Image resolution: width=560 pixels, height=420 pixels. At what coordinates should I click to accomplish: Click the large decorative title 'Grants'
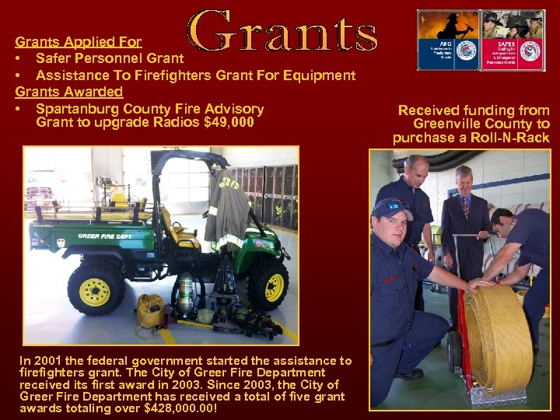(x=284, y=33)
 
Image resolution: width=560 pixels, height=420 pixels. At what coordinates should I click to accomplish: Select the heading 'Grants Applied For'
(x=79, y=42)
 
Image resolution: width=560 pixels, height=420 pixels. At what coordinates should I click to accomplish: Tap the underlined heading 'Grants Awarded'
(x=69, y=92)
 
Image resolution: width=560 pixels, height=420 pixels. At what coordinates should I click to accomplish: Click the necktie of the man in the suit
(x=464, y=208)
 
